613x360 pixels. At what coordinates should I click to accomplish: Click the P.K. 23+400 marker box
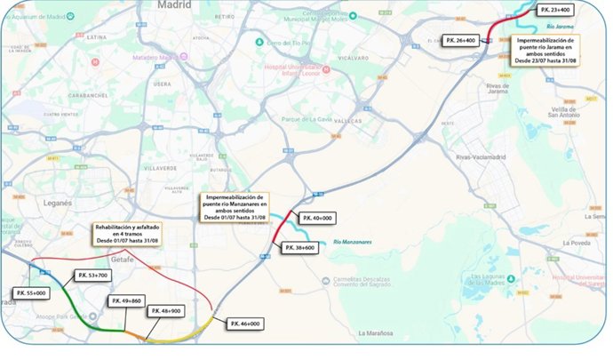(555, 11)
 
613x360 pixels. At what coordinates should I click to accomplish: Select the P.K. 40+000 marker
(318, 219)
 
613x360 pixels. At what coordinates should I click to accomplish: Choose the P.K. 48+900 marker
(169, 310)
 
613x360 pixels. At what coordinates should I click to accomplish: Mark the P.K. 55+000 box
(31, 292)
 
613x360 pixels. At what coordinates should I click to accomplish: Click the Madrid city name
(174, 5)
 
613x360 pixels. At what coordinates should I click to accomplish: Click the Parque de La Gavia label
(318, 119)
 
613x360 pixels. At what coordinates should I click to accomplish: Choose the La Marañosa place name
(379, 333)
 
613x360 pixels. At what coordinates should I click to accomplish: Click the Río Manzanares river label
(350, 240)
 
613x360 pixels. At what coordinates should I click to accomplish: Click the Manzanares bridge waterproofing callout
(236, 207)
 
